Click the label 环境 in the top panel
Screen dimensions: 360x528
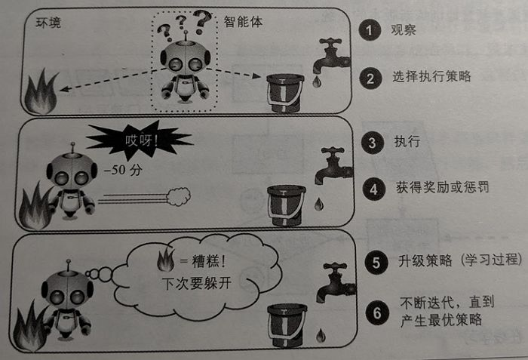48,23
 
